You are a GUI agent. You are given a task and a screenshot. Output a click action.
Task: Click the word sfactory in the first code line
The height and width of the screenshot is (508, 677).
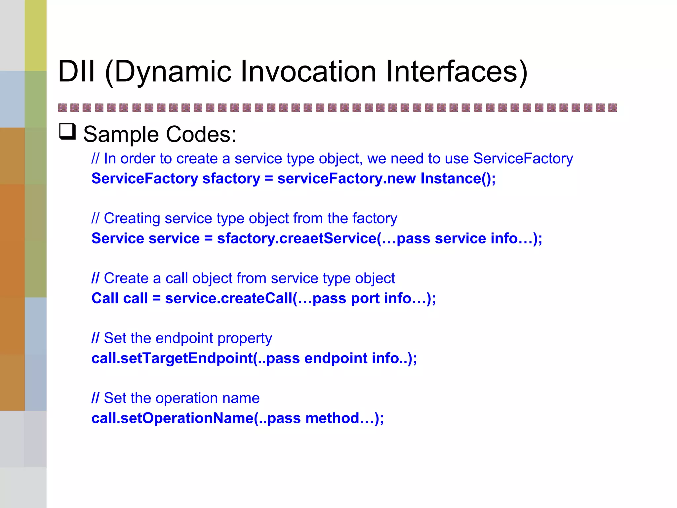tap(231, 179)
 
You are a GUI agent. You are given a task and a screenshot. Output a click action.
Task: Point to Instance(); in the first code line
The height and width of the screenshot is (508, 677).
tap(458, 179)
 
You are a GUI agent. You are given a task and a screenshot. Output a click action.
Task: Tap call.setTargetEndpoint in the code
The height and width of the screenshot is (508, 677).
tap(172, 359)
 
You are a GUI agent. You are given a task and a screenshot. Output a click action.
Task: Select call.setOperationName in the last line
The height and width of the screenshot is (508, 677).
tap(172, 418)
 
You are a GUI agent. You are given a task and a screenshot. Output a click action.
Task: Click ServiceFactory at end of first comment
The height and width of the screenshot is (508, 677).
tap(523, 159)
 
